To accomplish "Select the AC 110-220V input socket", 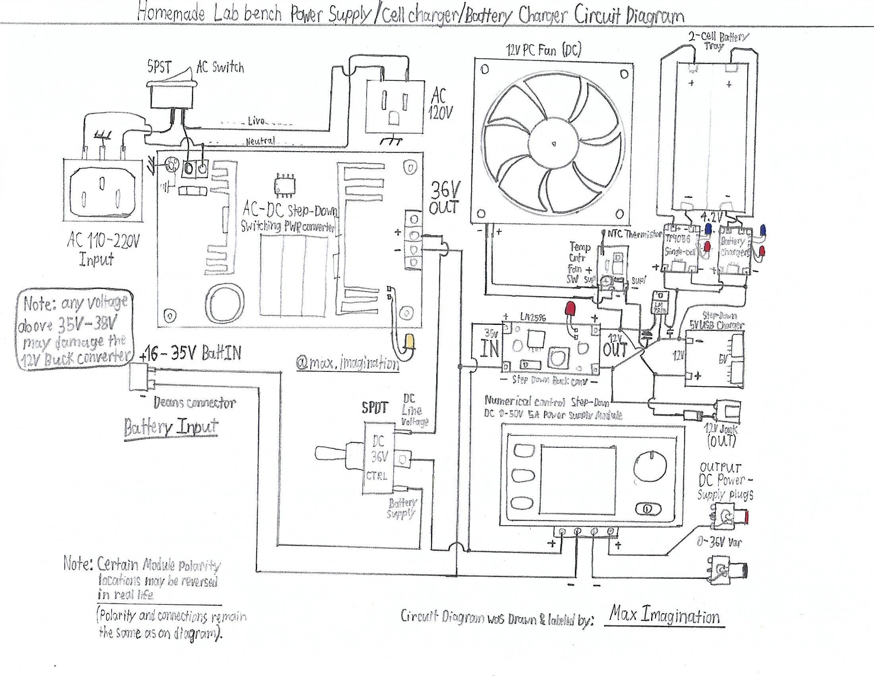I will click(103, 190).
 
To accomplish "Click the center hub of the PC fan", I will click(553, 143).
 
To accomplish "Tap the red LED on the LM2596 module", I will click(570, 309).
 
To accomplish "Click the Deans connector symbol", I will click(141, 377).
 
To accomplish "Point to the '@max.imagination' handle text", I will click(347, 363).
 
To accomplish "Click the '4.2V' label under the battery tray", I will click(712, 218).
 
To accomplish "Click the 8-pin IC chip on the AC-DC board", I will click(285, 185).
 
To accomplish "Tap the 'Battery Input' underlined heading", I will click(171, 427).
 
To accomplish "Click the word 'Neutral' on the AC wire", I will click(260, 142).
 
